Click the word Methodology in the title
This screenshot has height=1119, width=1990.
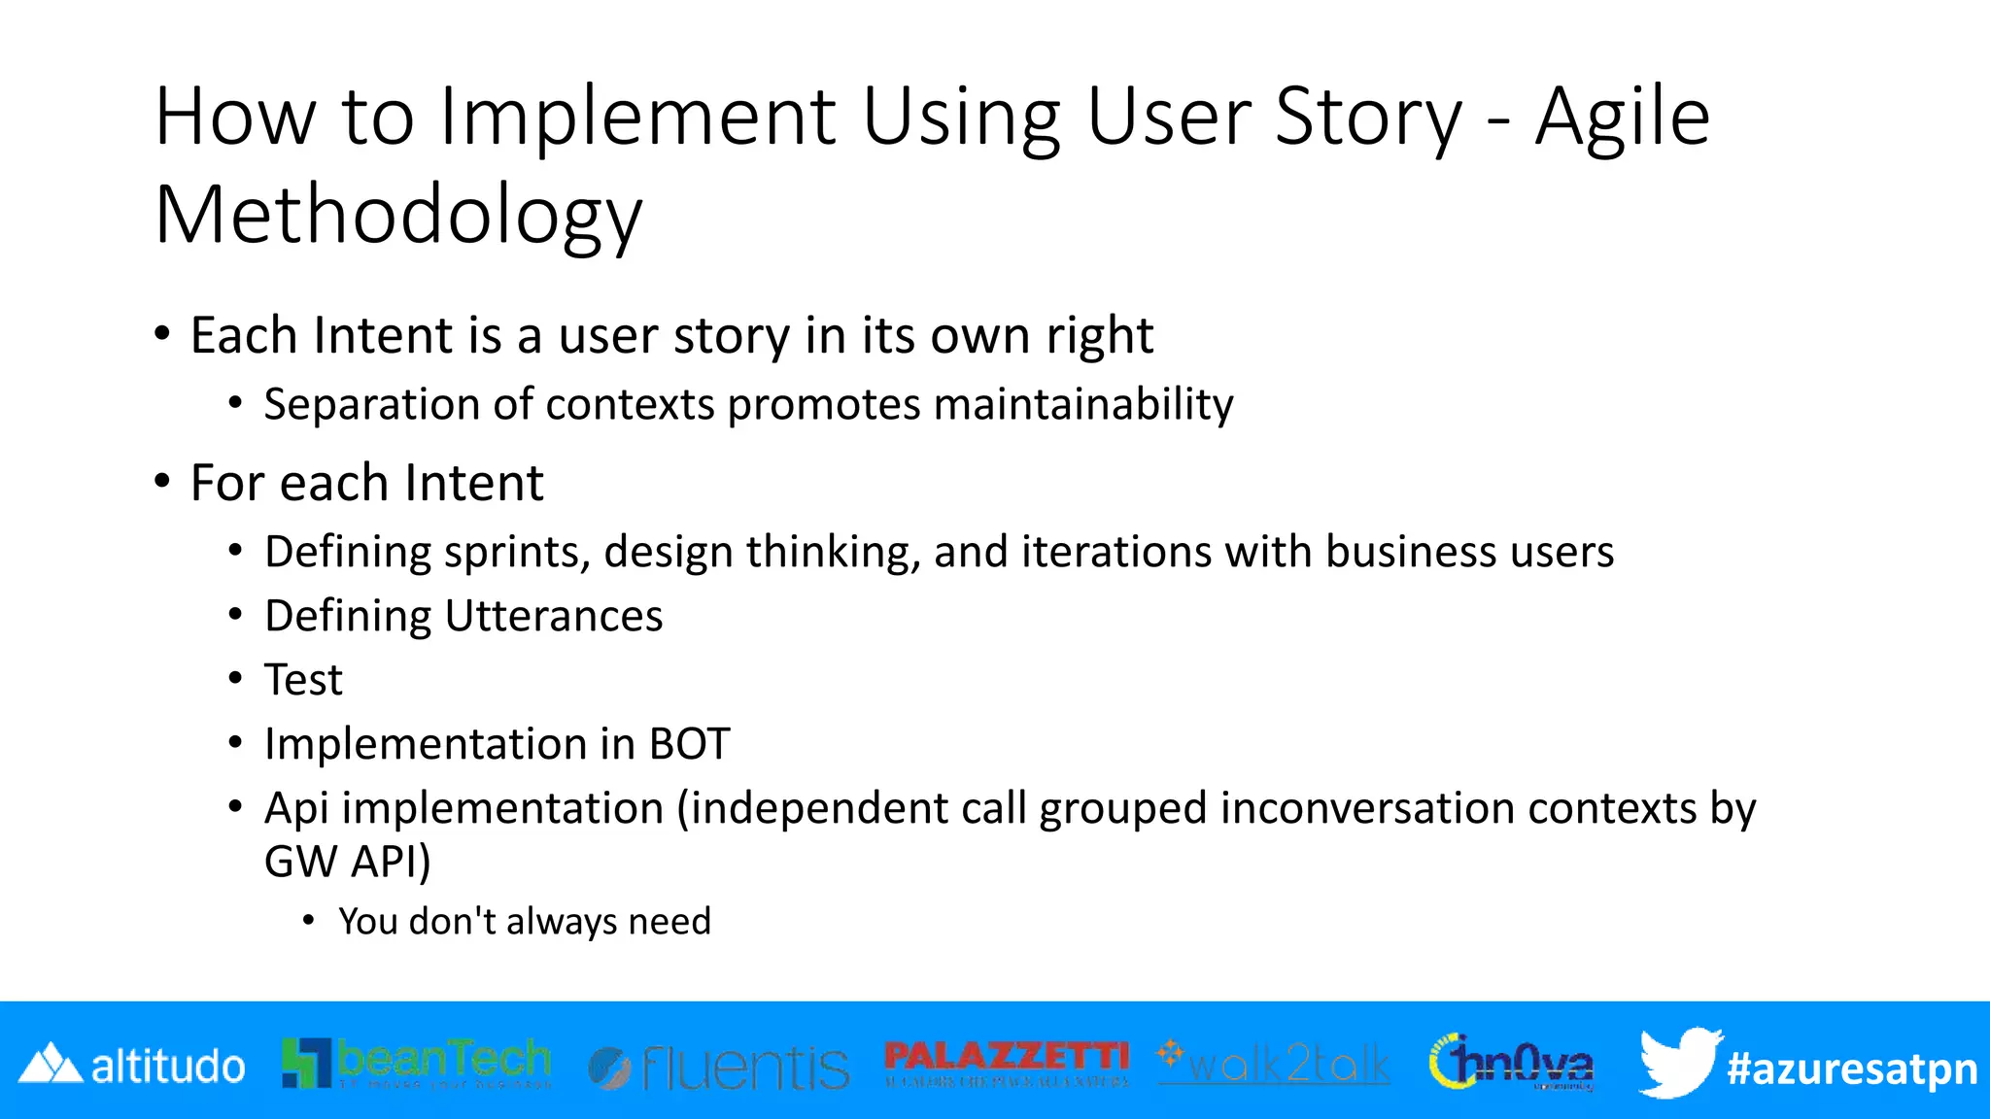click(x=398, y=216)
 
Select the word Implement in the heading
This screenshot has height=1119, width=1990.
click(x=637, y=117)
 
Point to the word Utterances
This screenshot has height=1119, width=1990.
click(x=554, y=616)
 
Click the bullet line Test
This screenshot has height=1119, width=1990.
click(x=303, y=680)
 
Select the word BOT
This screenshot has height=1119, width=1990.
click(x=689, y=745)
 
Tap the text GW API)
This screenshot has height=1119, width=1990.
click(x=347, y=862)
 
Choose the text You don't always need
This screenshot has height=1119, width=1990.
click(x=525, y=922)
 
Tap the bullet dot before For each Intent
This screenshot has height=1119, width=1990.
click(x=162, y=482)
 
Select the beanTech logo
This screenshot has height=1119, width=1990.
click(x=416, y=1064)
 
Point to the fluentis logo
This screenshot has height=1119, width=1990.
click(x=719, y=1068)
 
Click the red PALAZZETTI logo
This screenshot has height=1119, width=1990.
click(x=1007, y=1062)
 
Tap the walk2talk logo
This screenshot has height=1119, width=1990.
click(x=1274, y=1064)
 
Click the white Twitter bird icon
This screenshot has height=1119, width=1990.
click(x=1677, y=1062)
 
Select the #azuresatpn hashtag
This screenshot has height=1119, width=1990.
click(x=1851, y=1068)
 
